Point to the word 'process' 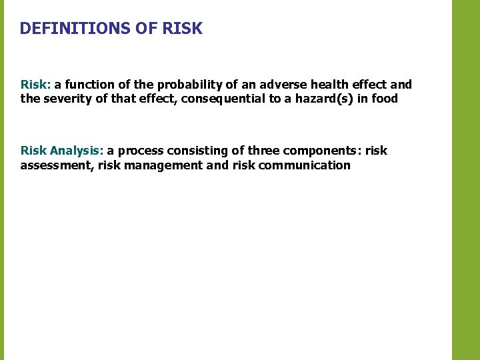point(141,151)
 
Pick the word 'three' point(263,151)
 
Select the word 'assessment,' point(56,165)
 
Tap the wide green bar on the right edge point(465,180)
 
